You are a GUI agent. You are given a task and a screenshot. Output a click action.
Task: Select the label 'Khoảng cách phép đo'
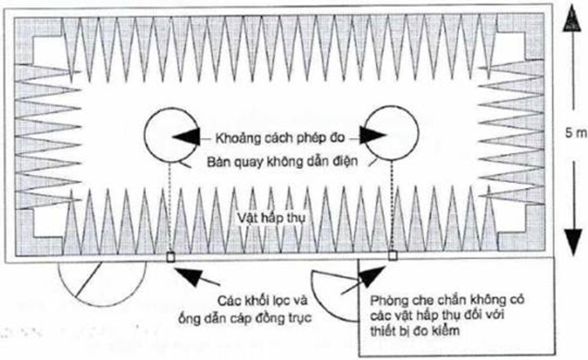point(277,136)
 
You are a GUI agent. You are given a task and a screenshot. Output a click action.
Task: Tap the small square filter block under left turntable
point(170,257)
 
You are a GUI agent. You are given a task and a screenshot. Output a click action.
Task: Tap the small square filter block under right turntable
point(392,256)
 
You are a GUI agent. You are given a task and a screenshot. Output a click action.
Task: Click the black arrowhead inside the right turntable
point(374,136)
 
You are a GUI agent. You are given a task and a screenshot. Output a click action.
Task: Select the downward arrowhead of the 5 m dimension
point(571,240)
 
